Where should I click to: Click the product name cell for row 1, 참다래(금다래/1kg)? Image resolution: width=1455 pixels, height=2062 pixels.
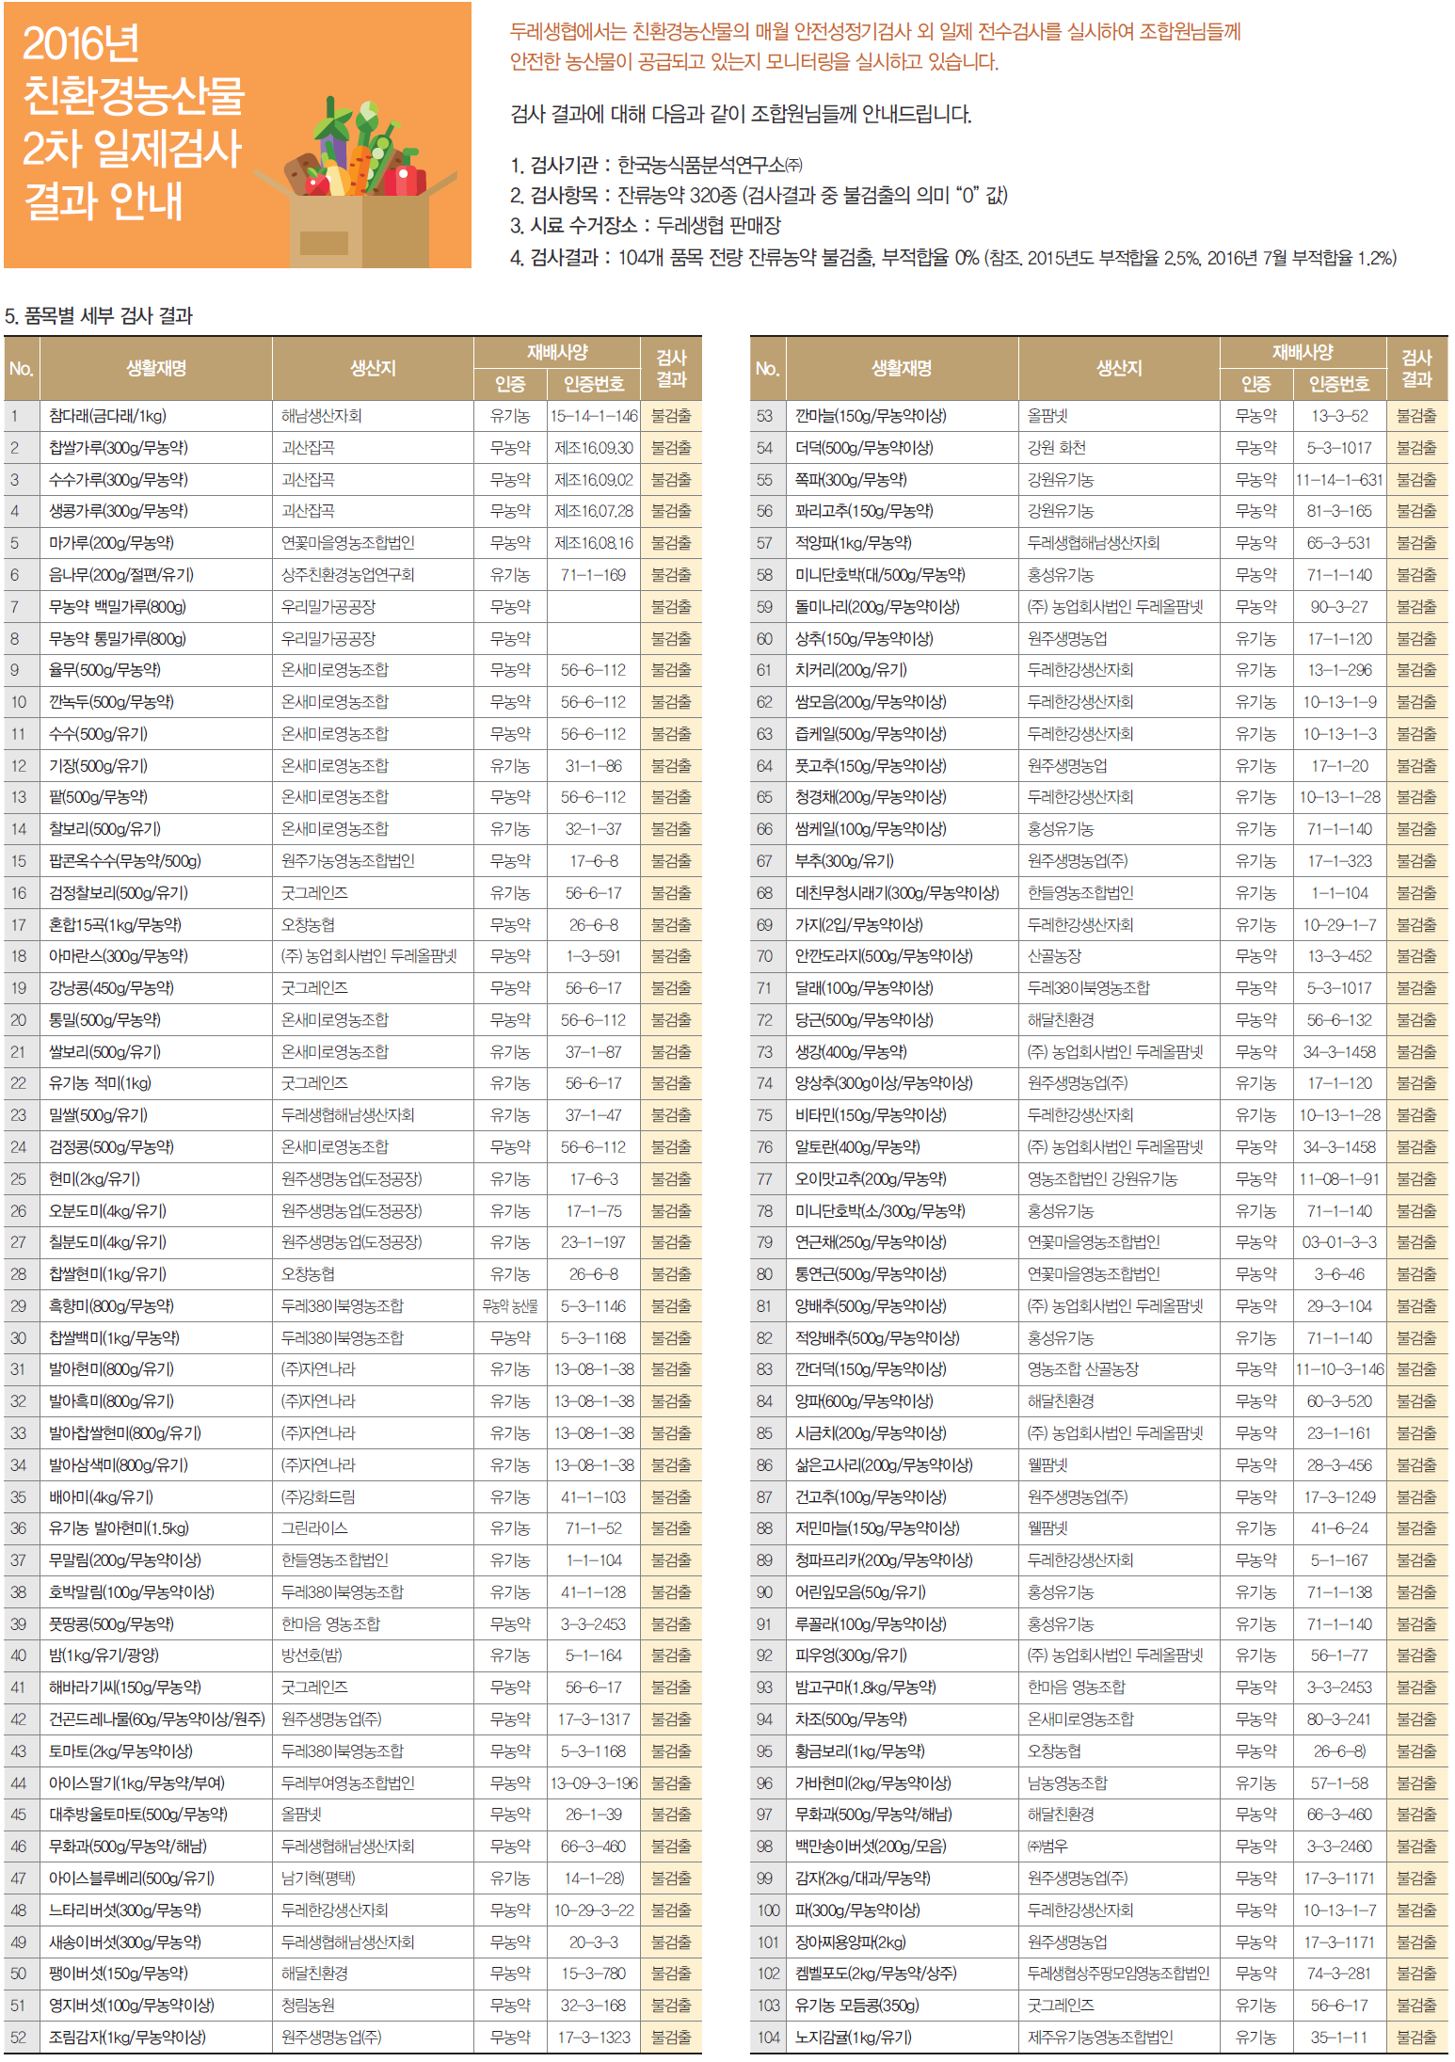click(x=107, y=416)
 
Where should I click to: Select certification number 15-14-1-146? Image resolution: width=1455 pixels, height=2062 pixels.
click(x=594, y=416)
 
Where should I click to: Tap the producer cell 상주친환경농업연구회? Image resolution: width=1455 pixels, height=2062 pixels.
click(x=347, y=575)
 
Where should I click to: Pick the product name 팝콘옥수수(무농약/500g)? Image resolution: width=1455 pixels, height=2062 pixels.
click(x=124, y=861)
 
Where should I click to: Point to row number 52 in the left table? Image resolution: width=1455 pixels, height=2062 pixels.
click(x=18, y=2038)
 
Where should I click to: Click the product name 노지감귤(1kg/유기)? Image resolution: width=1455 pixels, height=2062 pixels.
click(x=853, y=2038)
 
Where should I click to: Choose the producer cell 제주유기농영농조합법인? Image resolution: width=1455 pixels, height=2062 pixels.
click(x=1100, y=2038)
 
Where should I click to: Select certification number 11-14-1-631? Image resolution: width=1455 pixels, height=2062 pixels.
click(x=1339, y=480)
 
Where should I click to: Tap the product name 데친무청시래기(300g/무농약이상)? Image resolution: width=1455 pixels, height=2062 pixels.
click(x=897, y=893)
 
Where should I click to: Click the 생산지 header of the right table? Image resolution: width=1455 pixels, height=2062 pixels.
click(x=1119, y=369)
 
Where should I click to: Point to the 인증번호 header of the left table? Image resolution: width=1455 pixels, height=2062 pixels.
click(x=594, y=384)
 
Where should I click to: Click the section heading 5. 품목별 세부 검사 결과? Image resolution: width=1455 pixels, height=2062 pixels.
click(x=99, y=316)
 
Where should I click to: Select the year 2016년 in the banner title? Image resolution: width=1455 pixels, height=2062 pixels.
click(x=81, y=43)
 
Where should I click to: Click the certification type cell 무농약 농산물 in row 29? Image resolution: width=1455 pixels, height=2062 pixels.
click(x=510, y=1306)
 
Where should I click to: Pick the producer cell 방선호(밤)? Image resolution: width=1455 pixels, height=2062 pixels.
click(x=312, y=1655)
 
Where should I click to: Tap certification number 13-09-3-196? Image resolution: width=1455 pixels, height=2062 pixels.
click(x=594, y=1783)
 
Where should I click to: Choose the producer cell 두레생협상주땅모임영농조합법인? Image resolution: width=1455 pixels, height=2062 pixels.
click(x=1118, y=1974)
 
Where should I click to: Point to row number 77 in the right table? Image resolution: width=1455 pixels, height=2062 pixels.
click(x=764, y=1179)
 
